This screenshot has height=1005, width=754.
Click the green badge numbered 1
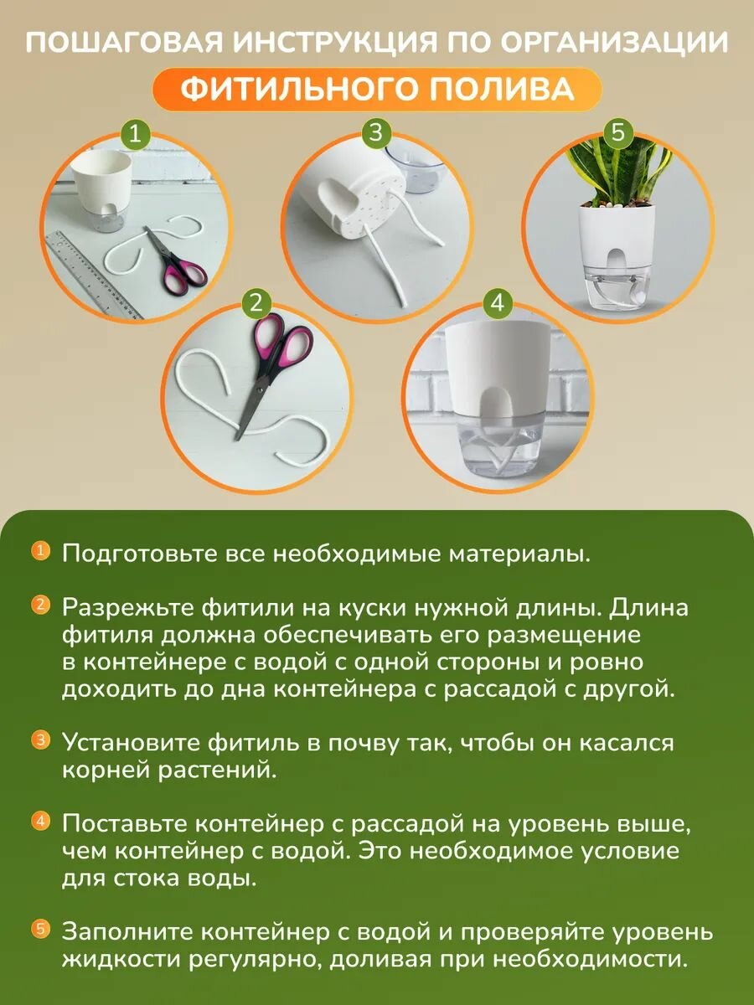pos(137,134)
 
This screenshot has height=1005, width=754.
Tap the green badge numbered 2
pos(256,304)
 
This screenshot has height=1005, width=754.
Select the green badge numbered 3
pos(376,132)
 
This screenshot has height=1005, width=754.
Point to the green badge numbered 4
pos(498,303)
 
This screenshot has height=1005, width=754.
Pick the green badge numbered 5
pos(618,132)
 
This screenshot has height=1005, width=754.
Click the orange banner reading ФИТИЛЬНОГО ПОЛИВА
pos(377,89)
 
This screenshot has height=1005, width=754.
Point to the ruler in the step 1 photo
pos(92,272)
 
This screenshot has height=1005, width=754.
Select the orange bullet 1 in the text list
pos(40,551)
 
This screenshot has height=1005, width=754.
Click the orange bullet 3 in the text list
pos(40,740)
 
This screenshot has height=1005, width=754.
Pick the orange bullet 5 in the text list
pos(40,928)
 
